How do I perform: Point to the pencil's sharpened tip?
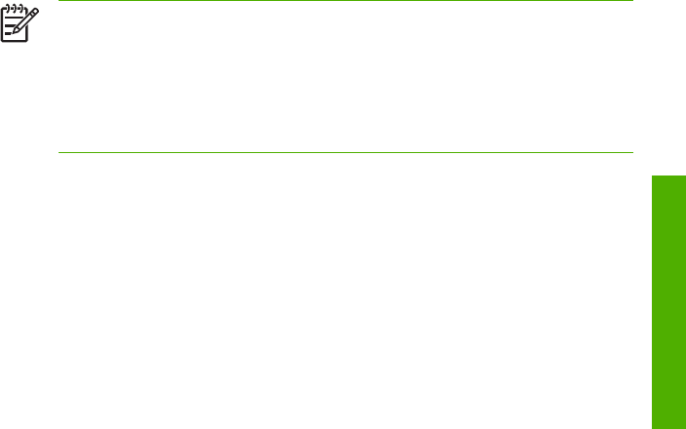click(14, 31)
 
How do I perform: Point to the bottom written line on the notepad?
click(9, 33)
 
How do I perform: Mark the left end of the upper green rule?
click(60, 1)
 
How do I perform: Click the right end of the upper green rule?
click(633, 1)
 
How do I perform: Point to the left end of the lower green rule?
click(60, 151)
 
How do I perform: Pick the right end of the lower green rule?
click(633, 151)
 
